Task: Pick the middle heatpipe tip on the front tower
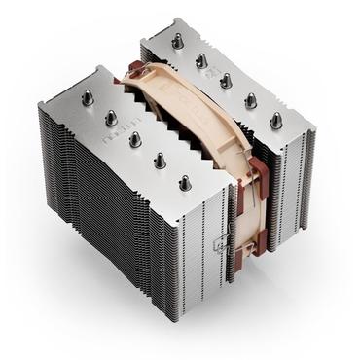[x=133, y=139]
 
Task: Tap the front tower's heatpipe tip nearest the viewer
[x=185, y=181]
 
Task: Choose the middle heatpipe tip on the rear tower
[x=226, y=80]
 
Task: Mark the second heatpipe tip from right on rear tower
[x=251, y=98]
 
